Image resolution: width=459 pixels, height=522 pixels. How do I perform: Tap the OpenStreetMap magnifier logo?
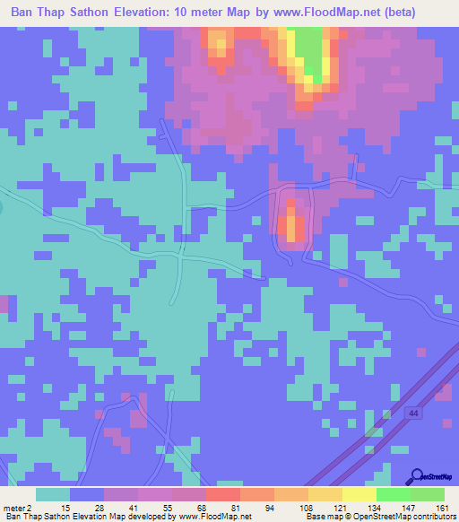click(x=417, y=476)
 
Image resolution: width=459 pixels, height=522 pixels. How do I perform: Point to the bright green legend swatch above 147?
click(x=394, y=494)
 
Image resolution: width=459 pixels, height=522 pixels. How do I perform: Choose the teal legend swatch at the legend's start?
click(x=53, y=494)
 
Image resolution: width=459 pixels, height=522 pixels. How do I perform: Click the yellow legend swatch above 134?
click(x=359, y=494)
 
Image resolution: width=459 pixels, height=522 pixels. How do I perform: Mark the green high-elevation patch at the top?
click(x=309, y=49)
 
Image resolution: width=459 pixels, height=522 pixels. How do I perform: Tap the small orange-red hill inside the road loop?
click(x=292, y=224)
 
